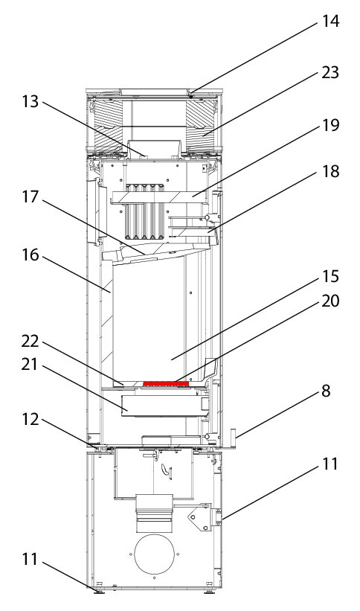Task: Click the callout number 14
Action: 330,21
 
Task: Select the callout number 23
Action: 330,72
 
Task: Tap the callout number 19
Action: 330,125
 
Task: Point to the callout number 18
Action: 330,171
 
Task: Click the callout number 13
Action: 30,101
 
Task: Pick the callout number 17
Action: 30,196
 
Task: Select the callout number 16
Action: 30,255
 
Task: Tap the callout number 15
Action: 330,276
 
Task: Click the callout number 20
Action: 330,301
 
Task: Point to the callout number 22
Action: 30,342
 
